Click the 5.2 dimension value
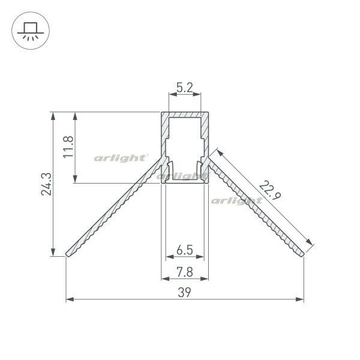coord(185,87)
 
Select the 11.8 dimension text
coord(68,147)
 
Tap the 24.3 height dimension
coord(47,184)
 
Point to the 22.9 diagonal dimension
coord(270,190)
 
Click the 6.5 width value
coord(185,250)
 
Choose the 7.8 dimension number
coord(185,272)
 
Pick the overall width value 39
coord(184,292)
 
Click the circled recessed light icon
coord(31,31)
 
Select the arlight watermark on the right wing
coord(236,201)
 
